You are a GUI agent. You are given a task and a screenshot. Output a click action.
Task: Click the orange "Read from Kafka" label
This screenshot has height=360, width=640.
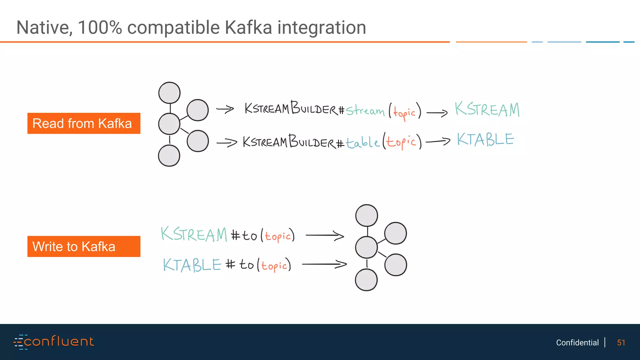pos(84,123)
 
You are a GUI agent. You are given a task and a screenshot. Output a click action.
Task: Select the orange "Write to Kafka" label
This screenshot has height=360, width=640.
pos(84,247)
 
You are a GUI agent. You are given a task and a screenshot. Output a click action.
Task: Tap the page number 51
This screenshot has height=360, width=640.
pos(621,342)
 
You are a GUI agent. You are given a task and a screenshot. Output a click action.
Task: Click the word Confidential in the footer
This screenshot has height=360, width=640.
pos(577,342)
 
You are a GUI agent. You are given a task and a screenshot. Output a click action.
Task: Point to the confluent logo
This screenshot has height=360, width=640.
pos(54,342)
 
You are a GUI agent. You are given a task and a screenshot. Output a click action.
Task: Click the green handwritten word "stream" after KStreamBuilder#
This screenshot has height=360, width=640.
pos(365,111)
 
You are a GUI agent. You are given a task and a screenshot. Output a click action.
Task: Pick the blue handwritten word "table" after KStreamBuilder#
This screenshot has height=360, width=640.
pos(362,142)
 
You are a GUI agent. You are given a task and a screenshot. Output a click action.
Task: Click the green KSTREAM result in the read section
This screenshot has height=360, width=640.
pos(487,110)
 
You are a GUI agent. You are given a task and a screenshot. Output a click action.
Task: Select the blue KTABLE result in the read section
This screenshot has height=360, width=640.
pos(485,139)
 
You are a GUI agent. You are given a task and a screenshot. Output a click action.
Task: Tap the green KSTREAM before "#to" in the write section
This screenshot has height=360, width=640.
pos(194,234)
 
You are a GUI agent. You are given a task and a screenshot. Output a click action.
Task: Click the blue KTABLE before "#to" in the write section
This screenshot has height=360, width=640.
pos(192,265)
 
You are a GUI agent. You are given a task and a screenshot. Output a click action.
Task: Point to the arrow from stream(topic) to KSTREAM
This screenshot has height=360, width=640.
pos(437,112)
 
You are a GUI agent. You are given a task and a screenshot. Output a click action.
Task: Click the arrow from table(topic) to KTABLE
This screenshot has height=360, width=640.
pos(438,142)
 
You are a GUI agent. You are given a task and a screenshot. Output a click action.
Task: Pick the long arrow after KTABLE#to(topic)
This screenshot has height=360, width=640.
pos(324,264)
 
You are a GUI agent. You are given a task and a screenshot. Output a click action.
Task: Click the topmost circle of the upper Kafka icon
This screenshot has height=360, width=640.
pos(169,93)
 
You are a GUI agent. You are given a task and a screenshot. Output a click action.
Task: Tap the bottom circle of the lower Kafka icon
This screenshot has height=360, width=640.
pos(366,280)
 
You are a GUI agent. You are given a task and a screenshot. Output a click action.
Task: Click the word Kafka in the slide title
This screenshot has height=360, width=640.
pos(248,27)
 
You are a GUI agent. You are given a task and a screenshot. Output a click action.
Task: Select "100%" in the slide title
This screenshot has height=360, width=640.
pos(100,27)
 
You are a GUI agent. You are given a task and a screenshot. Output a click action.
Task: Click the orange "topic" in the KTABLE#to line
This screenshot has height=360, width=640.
pos(274,266)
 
